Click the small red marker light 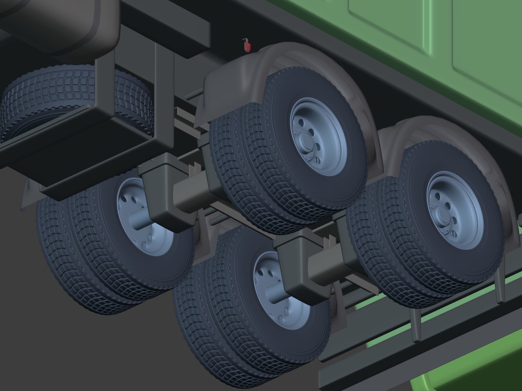(247, 47)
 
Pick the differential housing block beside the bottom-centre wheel (302, 282)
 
